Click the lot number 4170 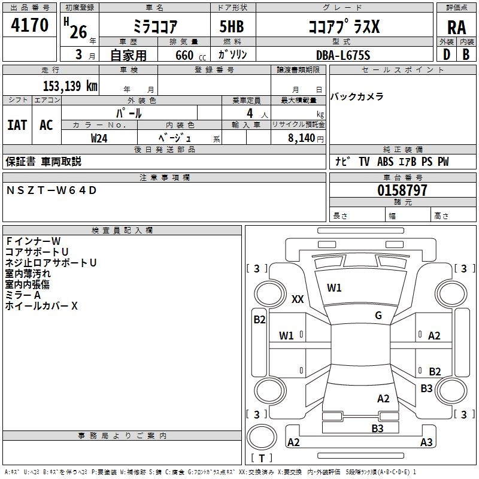30,25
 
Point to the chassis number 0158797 402,191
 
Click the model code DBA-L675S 343,54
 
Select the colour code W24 99,138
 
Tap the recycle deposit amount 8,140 298,138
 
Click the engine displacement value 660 184,55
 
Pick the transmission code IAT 17,125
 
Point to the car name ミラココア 154,28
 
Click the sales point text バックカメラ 357,97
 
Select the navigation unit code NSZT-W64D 51,190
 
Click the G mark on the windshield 378,316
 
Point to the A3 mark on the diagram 426,442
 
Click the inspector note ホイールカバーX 41,306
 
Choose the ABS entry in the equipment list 386,162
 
